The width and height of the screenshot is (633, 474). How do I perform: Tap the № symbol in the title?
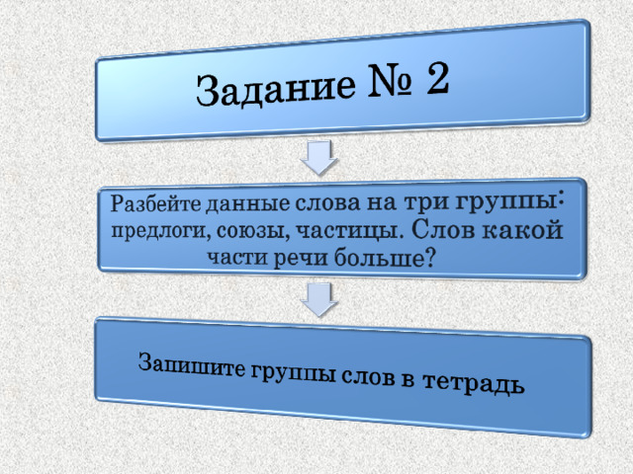390,81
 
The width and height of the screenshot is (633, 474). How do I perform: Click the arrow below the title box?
318,158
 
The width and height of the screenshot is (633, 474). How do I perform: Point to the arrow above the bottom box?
318,300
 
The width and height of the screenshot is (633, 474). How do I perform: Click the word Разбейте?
155,203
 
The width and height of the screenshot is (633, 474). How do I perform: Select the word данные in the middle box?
247,203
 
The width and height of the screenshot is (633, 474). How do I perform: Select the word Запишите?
191,364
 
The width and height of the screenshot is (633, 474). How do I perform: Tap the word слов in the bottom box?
367,376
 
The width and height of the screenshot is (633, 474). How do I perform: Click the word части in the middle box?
237,258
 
